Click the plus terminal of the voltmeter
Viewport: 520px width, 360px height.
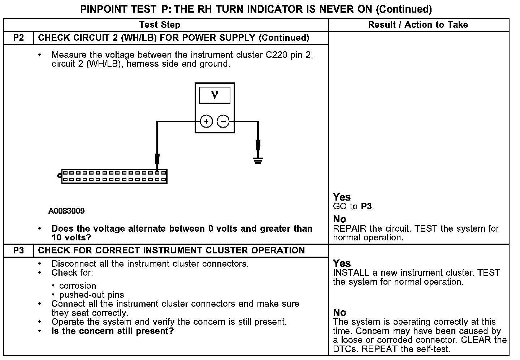[206, 121]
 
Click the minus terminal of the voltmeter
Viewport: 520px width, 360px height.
[223, 121]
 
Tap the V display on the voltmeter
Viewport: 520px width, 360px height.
[214, 95]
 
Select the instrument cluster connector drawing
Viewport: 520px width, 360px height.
[114, 176]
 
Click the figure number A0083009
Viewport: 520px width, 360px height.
[66, 211]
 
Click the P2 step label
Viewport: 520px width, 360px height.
[18, 38]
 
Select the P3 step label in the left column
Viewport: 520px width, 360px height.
[18, 250]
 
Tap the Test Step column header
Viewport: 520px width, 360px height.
[160, 25]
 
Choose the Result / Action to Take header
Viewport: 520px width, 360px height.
[418, 25]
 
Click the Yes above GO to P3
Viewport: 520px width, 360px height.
[342, 197]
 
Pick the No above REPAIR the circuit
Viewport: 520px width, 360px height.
[339, 219]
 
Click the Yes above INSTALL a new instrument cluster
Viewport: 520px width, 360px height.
[342, 263]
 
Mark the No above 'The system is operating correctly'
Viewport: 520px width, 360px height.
[339, 313]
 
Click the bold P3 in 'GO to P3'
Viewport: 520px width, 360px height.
[366, 207]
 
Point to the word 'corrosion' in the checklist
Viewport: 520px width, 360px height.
[78, 286]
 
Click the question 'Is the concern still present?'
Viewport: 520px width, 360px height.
[112, 331]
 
